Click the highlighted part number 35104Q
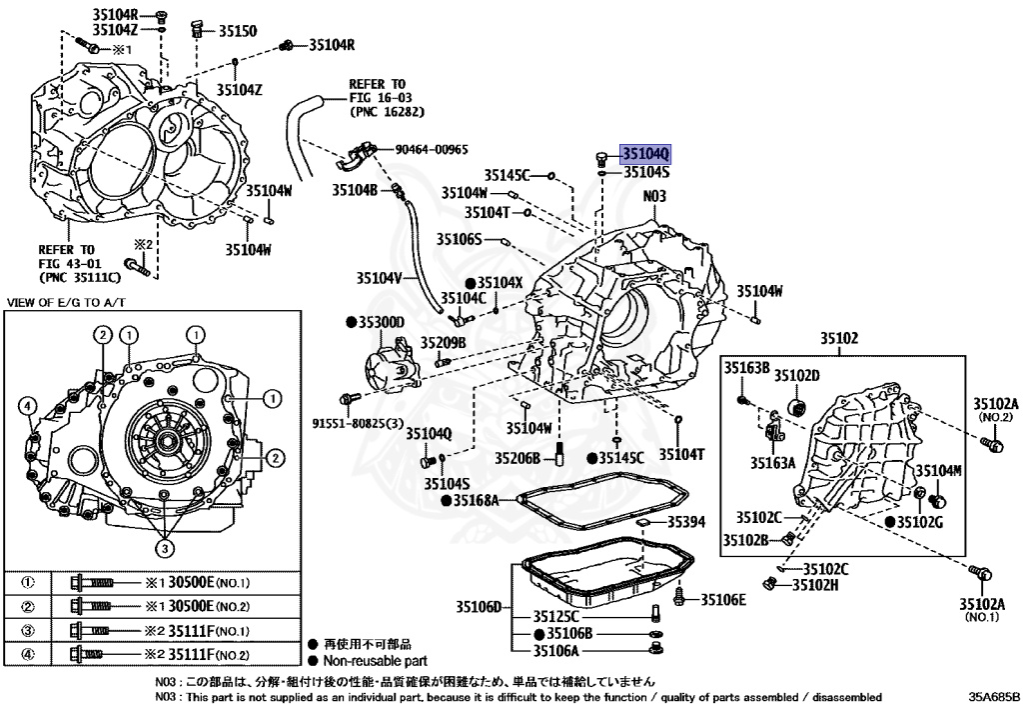(646, 154)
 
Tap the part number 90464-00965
(432, 149)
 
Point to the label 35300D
(381, 322)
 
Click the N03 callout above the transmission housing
(653, 197)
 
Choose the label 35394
(686, 521)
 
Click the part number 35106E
(722, 599)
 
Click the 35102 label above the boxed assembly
(839, 338)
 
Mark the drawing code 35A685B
(994, 696)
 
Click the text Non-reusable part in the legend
(376, 661)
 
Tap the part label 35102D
(798, 375)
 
